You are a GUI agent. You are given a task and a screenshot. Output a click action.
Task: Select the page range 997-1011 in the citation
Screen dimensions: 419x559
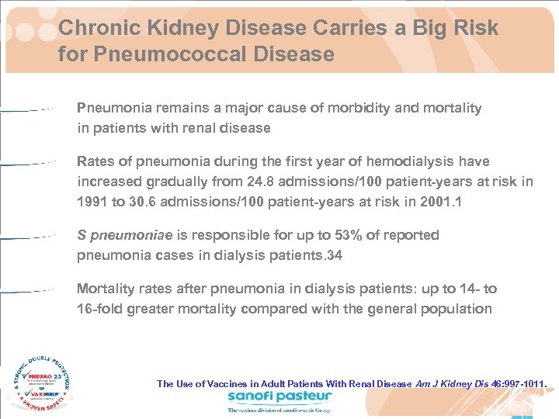(x=522, y=383)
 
